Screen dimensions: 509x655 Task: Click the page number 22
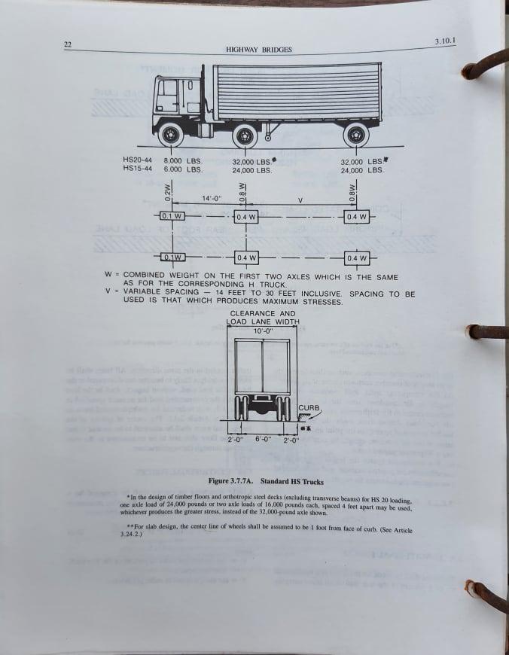pos(67,45)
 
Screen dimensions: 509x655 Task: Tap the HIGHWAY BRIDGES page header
pos(259,50)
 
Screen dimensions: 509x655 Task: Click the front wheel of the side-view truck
pos(173,136)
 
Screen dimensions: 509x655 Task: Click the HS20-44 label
pos(137,160)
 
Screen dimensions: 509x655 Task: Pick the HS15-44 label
pos(137,169)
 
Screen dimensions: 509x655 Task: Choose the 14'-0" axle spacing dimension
pos(212,199)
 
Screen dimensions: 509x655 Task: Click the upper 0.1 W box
pos(172,217)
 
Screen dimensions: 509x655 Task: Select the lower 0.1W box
pos(172,258)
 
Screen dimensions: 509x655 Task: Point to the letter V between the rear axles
pos(300,200)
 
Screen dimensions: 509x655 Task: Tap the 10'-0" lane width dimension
pos(262,331)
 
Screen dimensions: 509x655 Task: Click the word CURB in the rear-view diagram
pos(309,408)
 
